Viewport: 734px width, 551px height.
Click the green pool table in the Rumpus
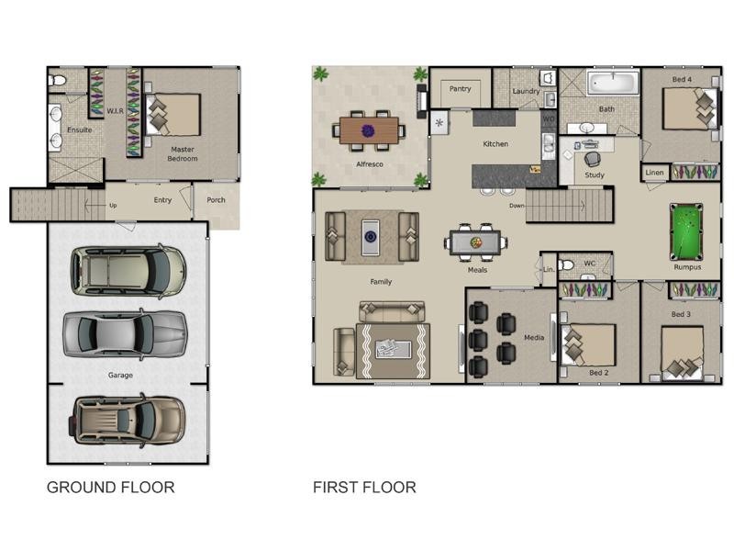(686, 231)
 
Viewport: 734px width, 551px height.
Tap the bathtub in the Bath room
(613, 83)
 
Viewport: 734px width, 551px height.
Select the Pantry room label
(460, 88)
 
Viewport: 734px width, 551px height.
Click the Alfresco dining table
(369, 130)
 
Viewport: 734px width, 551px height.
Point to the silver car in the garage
(125, 334)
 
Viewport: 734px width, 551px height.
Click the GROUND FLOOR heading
(110, 488)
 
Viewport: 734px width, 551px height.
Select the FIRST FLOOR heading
(364, 488)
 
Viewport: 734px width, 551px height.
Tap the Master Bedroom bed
(173, 115)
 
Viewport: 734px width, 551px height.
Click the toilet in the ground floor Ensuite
(57, 81)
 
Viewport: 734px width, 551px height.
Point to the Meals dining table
(475, 242)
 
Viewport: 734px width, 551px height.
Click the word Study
(595, 174)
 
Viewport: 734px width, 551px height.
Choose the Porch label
(216, 200)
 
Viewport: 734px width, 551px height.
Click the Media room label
(534, 337)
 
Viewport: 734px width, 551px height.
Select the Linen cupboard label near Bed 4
(654, 173)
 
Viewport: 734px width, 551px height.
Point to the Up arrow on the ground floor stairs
(95, 205)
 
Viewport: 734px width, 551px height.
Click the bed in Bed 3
(682, 354)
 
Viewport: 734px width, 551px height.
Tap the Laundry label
(526, 91)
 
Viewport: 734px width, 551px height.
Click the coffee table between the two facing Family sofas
(371, 237)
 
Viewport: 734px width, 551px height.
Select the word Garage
(120, 376)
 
